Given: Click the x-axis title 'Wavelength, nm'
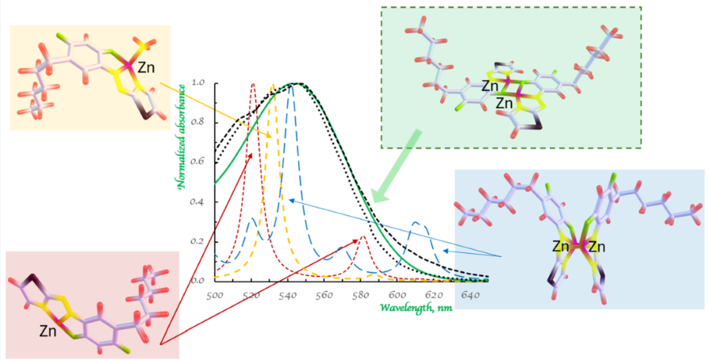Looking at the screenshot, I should coord(417,307).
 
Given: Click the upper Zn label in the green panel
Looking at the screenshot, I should coord(490,87).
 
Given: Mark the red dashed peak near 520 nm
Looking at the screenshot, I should coord(253,86).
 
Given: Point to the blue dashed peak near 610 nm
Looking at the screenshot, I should coord(418,223).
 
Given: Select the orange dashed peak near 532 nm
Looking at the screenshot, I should coord(273,87).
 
